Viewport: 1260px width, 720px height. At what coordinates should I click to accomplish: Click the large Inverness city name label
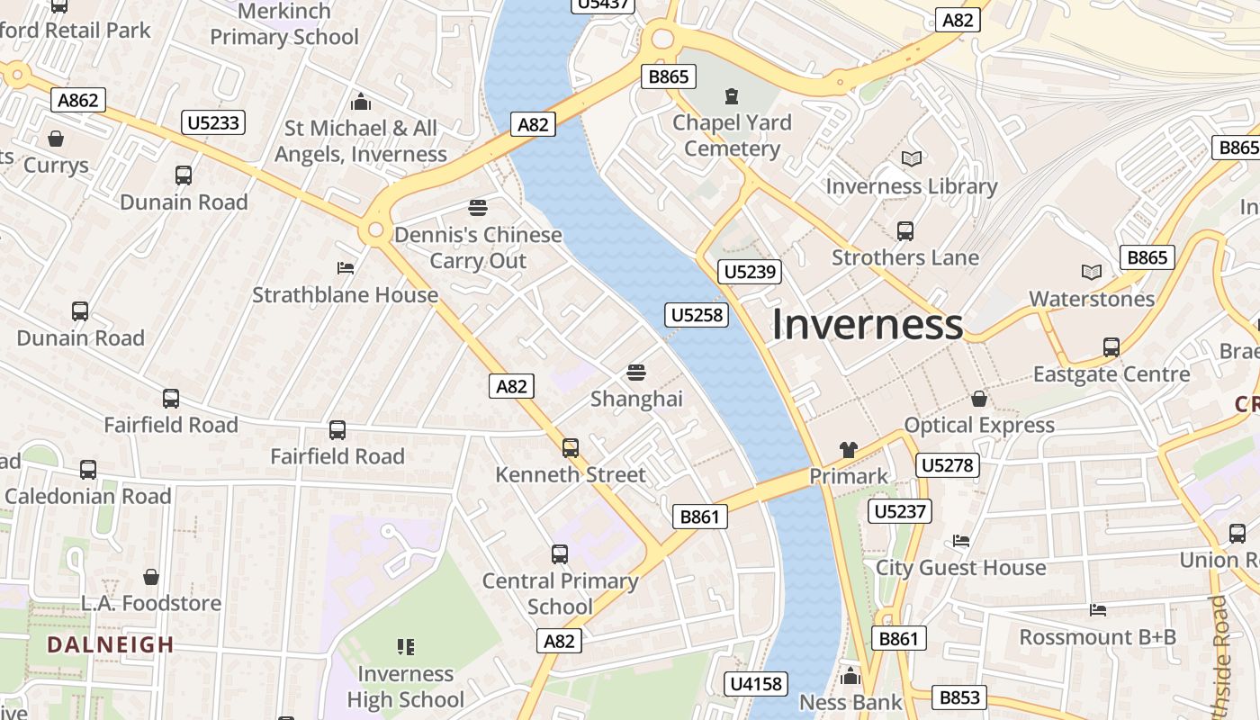click(x=867, y=325)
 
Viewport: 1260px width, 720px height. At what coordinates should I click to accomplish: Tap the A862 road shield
click(x=78, y=100)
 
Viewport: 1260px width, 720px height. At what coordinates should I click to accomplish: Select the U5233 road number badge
click(x=214, y=122)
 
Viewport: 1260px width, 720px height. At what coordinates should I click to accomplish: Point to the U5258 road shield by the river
click(x=696, y=315)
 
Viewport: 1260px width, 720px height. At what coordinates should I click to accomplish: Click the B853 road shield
click(x=959, y=697)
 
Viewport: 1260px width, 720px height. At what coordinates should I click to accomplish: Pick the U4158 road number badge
click(x=756, y=684)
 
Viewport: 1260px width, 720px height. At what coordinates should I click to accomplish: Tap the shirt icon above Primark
click(x=848, y=449)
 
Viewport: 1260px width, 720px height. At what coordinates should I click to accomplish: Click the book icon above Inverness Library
click(x=912, y=159)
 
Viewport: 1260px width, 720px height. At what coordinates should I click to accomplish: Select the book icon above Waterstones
click(x=1091, y=272)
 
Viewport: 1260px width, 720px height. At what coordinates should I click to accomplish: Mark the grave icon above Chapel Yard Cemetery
click(x=732, y=95)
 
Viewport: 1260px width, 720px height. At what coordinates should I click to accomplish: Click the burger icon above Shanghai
click(x=636, y=372)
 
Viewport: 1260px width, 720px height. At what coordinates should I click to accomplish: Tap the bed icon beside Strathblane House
click(x=345, y=268)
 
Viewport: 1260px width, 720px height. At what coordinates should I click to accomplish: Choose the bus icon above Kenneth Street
click(x=570, y=447)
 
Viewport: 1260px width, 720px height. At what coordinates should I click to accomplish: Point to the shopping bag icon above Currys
click(x=56, y=139)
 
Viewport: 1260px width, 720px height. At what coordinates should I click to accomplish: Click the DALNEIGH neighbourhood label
click(x=111, y=644)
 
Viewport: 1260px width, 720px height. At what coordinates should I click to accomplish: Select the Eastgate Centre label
click(x=1111, y=374)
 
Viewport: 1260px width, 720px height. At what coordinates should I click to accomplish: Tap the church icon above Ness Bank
click(x=850, y=676)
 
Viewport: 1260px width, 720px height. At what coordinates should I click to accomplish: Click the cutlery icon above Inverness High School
click(x=405, y=646)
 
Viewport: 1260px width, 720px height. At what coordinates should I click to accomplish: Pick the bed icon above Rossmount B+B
click(x=1097, y=610)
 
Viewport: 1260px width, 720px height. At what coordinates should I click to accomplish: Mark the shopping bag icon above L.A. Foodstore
click(x=151, y=576)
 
